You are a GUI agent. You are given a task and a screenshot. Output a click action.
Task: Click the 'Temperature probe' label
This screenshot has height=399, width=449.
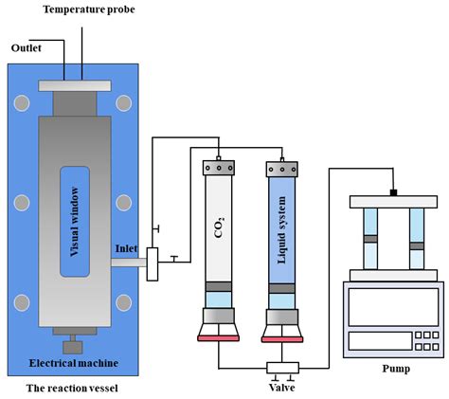click(x=89, y=9)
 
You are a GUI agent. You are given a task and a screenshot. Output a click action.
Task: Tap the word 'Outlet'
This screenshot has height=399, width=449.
click(x=27, y=48)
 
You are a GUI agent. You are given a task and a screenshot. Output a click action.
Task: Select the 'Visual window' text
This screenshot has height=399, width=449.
click(x=75, y=222)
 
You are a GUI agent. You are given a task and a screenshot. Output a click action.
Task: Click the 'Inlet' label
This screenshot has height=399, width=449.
click(x=126, y=248)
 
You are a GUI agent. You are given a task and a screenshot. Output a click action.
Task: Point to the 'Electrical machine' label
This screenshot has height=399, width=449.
click(x=74, y=363)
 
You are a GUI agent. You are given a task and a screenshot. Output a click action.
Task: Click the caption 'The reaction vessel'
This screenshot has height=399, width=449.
click(x=72, y=388)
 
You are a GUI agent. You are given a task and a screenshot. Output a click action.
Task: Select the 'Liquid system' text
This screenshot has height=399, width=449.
click(x=281, y=229)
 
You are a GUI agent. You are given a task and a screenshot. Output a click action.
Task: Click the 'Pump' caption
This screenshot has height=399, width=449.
click(x=396, y=369)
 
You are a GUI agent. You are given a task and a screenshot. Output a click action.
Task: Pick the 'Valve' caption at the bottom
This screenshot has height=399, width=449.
click(x=282, y=388)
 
